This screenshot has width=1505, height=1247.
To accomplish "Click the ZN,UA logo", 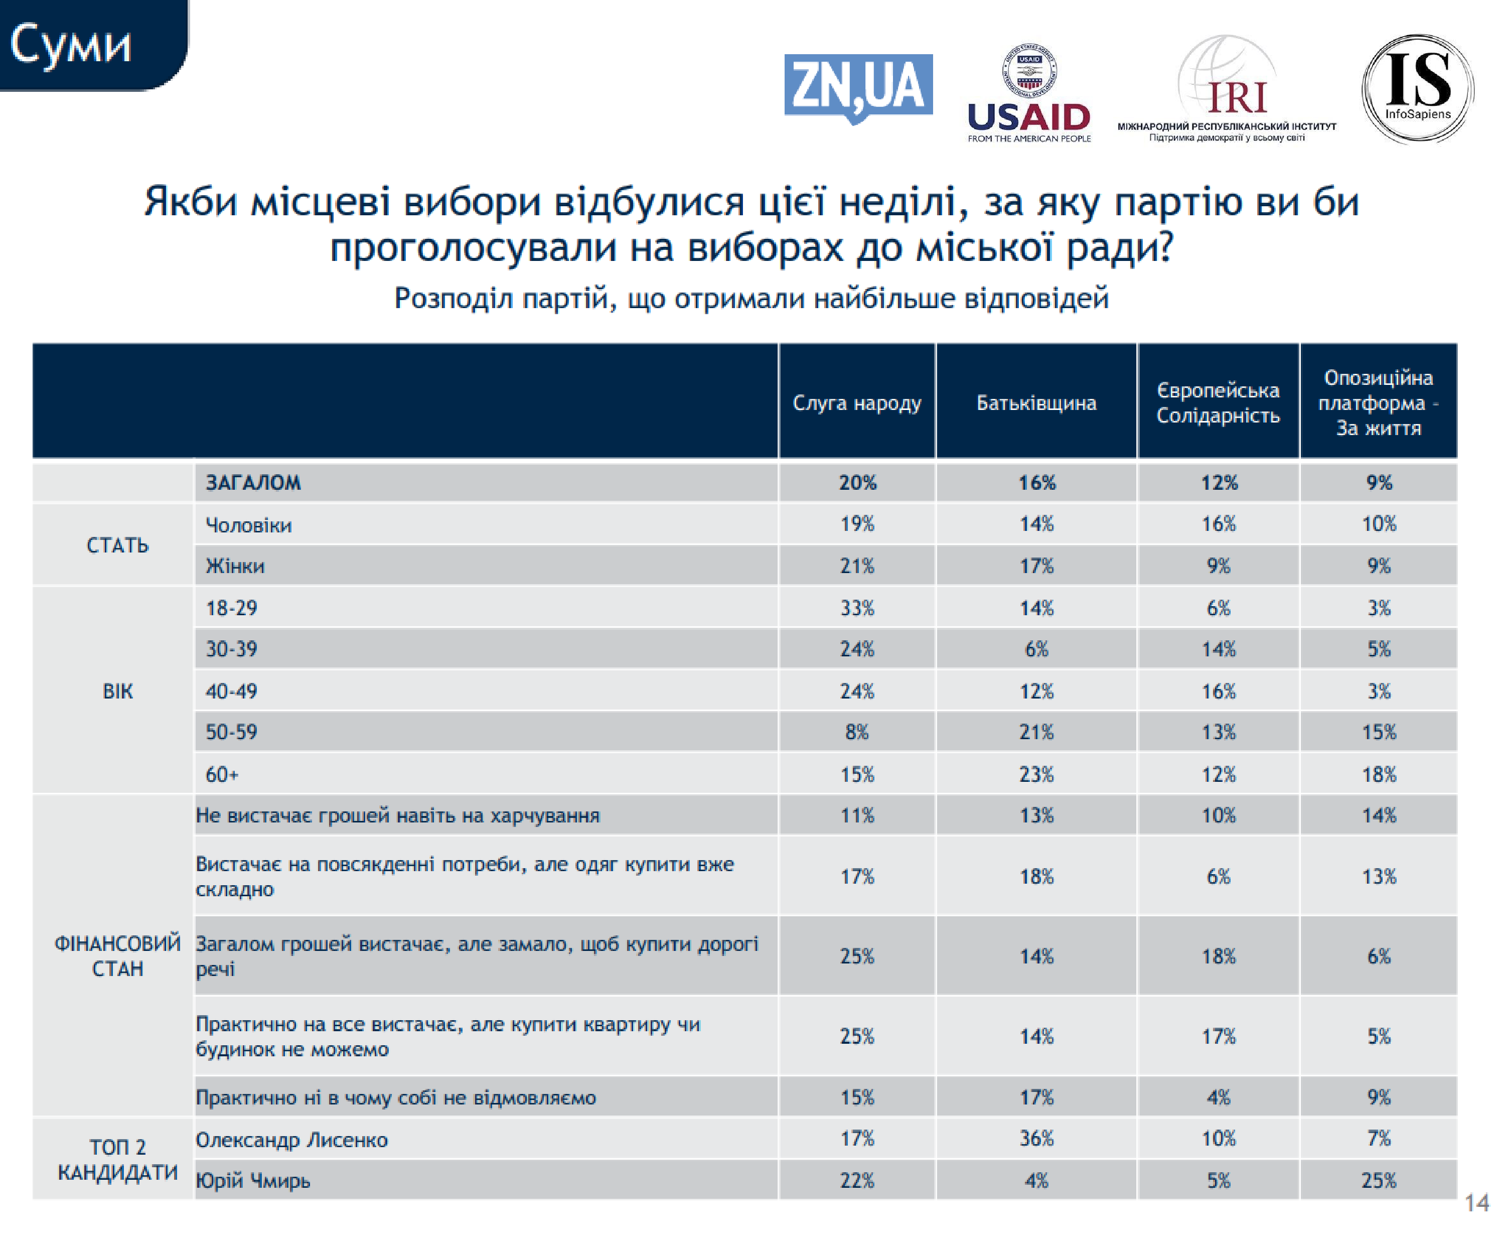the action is pos(858,88).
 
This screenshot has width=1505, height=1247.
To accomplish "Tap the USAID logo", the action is pos(1029,93).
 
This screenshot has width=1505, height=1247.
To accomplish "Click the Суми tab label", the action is pos(71,45).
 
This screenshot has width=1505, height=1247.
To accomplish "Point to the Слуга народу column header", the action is pos(857,403).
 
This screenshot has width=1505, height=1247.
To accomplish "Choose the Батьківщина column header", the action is pos(1036,403).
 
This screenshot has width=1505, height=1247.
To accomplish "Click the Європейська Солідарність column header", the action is pos(1219,403).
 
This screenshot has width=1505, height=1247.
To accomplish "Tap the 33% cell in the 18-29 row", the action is pos(857,608).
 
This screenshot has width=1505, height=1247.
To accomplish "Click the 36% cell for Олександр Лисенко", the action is pos(1036,1138).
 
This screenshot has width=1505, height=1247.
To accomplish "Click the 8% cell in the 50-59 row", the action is pos(857,732).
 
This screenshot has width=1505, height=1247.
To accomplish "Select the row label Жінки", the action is pos(235,566).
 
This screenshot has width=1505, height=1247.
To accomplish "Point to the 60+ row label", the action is pos(222,774).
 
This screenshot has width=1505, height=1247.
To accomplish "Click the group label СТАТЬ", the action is pos(117,545).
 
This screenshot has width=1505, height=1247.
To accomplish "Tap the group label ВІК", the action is pos(117,691).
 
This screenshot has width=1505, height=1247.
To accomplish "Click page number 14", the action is pos(1477,1202).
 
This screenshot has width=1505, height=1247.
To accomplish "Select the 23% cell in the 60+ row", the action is pos(1036,774).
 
